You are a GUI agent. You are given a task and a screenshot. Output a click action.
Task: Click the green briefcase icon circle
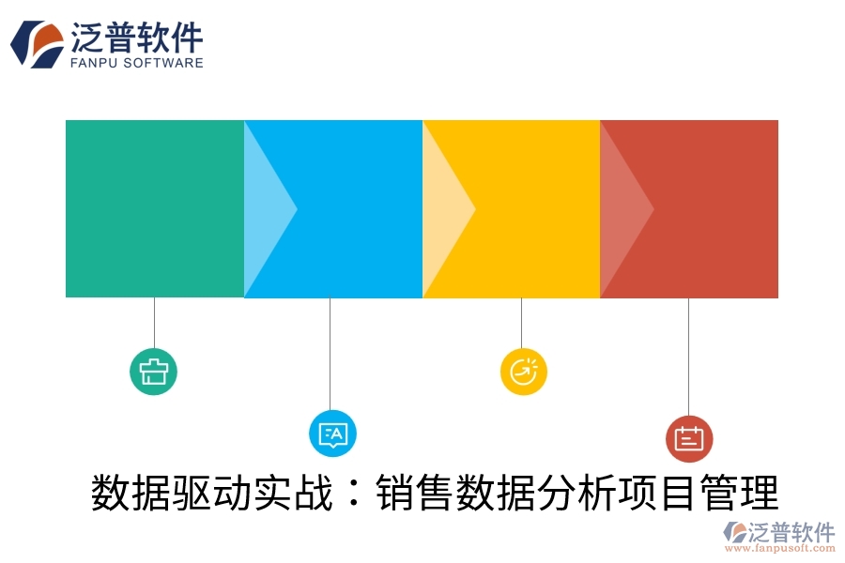(153, 371)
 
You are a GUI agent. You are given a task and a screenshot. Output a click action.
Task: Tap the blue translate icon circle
(332, 433)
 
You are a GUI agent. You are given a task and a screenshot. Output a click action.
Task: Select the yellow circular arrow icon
(523, 371)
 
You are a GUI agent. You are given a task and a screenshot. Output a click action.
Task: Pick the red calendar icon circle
(689, 438)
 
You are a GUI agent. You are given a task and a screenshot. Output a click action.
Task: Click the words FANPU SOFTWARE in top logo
(137, 63)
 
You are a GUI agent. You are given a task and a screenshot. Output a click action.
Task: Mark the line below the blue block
(330, 352)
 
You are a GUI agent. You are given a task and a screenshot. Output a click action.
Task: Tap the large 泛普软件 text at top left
(137, 38)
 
